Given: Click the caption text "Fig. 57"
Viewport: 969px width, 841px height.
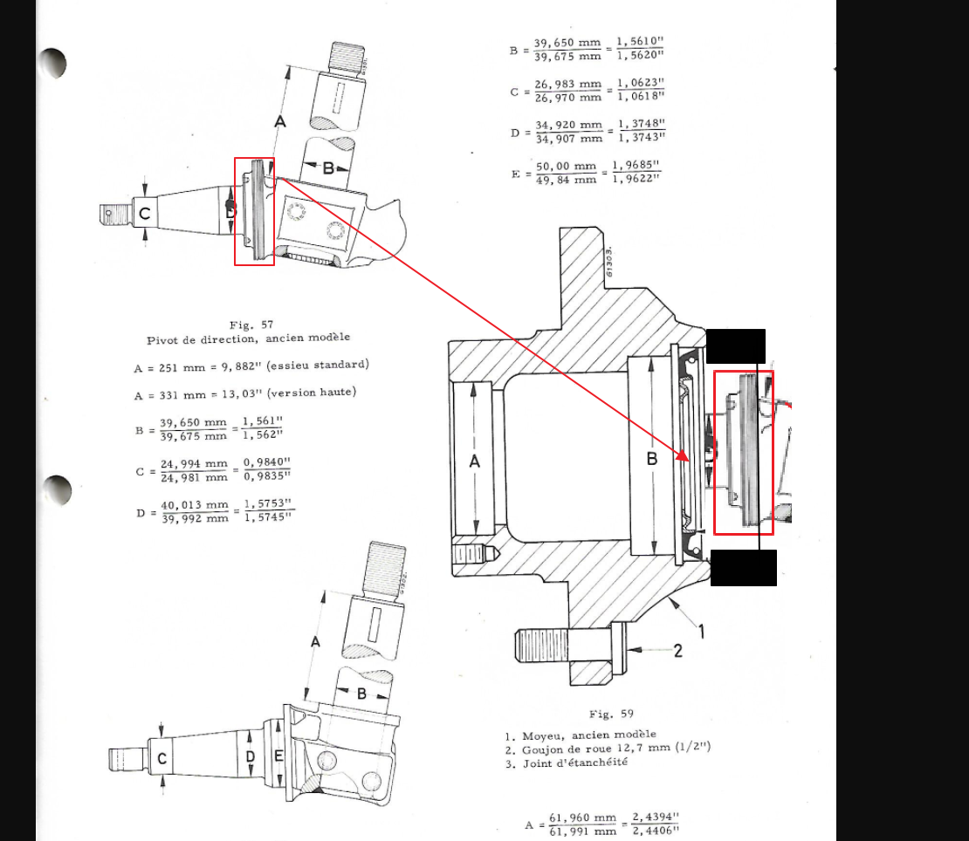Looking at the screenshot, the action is pos(251,325).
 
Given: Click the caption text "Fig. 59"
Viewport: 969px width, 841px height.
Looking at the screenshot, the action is pos(611,714).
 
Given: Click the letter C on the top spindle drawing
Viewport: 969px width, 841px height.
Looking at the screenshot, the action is pos(145,214).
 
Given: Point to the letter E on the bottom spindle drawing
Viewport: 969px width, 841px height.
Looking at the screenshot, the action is pos(278,756).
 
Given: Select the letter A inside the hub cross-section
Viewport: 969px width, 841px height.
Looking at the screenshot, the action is pos(475,462).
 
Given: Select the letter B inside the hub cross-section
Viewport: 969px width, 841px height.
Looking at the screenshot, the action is pos(652,460).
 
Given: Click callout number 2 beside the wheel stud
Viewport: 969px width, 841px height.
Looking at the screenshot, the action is pos(678,651).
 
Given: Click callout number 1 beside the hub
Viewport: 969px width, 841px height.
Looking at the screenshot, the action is pos(701,631).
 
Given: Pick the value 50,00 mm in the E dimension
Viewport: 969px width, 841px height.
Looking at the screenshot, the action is pos(566,167).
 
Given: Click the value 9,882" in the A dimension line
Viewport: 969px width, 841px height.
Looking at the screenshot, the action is pos(238,366).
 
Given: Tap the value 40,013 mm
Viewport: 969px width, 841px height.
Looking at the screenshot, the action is pos(195,505).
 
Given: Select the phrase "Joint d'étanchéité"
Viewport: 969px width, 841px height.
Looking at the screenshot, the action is pos(575,763).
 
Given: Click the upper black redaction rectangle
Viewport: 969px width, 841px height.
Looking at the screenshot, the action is pos(735,346).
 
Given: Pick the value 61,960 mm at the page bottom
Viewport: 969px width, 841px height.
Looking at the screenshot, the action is pos(583,818).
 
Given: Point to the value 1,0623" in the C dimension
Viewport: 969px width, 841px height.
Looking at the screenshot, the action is pos(640,83).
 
